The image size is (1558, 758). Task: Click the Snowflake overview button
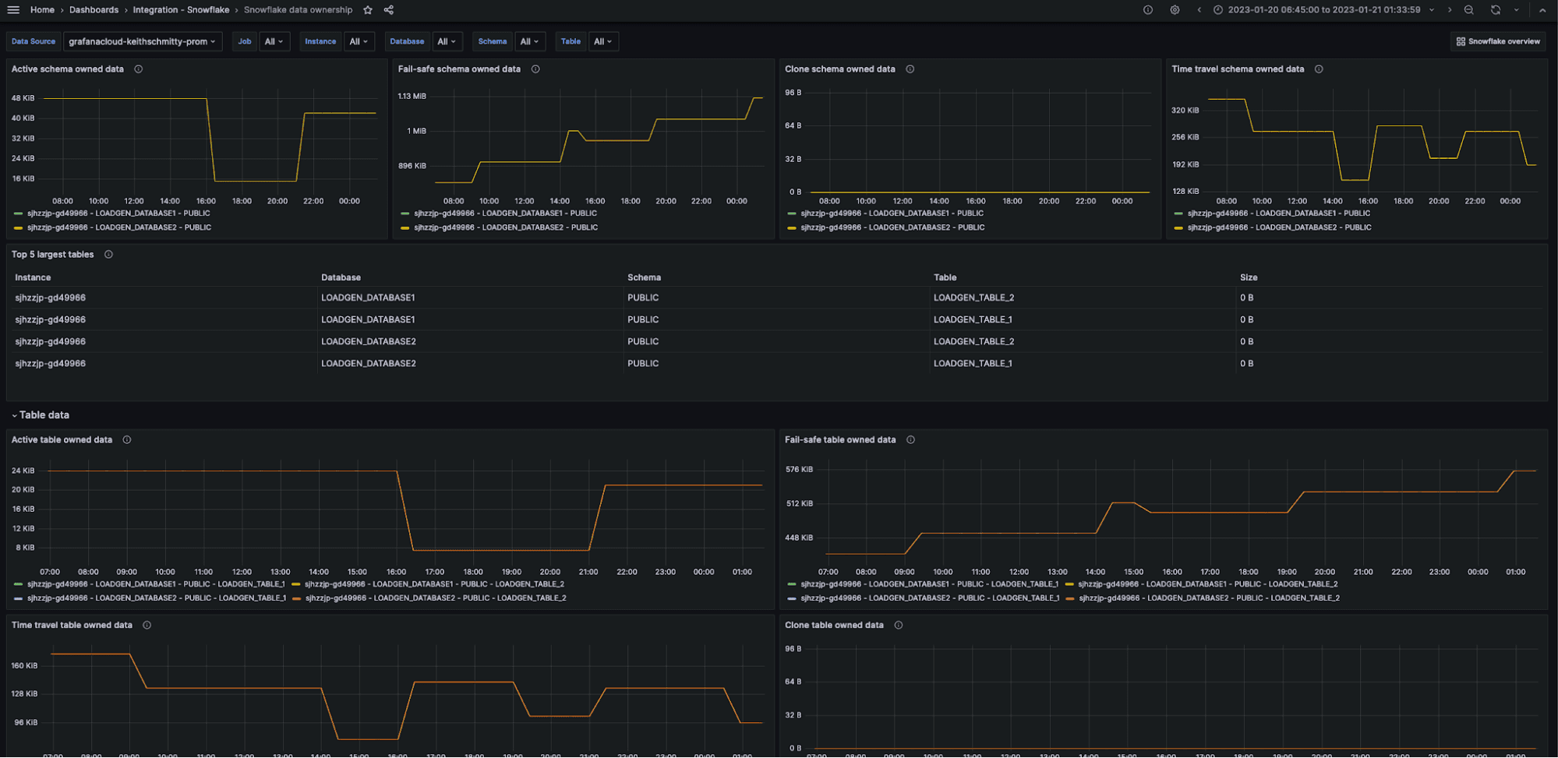1498,41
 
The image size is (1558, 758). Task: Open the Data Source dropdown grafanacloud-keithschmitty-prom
142,41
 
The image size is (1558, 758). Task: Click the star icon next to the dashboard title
368,10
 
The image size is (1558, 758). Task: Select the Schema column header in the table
644,277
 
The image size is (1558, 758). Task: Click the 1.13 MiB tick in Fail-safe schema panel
412,97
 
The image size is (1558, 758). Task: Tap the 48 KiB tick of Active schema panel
23,98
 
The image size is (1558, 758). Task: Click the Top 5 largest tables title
52,255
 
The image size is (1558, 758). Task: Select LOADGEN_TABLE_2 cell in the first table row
973,298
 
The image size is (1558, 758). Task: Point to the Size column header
1249,277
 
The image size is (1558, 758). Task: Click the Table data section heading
44,415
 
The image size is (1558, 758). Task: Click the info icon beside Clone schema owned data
910,69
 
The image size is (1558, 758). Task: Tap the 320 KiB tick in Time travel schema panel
1185,111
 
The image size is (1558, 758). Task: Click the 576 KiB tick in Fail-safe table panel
799,470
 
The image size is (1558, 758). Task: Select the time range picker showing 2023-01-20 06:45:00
1323,10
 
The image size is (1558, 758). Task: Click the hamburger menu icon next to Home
13,10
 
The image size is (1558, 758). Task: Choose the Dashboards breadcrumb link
94,10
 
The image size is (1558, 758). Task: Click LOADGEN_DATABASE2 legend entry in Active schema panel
118,227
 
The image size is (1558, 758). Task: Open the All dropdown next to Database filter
447,41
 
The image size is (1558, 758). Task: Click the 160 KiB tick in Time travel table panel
24,666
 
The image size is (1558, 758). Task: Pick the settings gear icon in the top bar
1175,10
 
